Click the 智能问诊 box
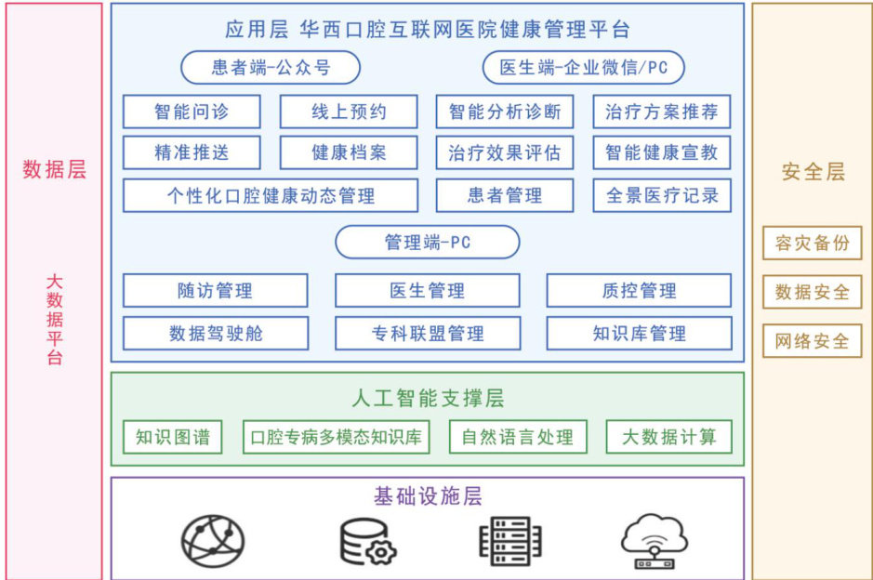coord(192,112)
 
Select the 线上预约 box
coord(349,112)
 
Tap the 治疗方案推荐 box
coord(662,112)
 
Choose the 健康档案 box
coord(349,153)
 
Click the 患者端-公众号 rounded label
coord(271,67)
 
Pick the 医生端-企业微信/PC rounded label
coord(584,67)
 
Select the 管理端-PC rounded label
coord(428,243)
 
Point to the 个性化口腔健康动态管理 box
coord(271,196)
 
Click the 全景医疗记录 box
coord(662,196)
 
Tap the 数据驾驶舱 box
coord(216,333)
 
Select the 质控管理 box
coord(639,291)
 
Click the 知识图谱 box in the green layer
coord(173,437)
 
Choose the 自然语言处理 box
coord(518,437)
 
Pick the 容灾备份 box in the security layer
coord(813,244)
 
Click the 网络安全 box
coord(813,341)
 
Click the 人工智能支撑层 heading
coord(428,399)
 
